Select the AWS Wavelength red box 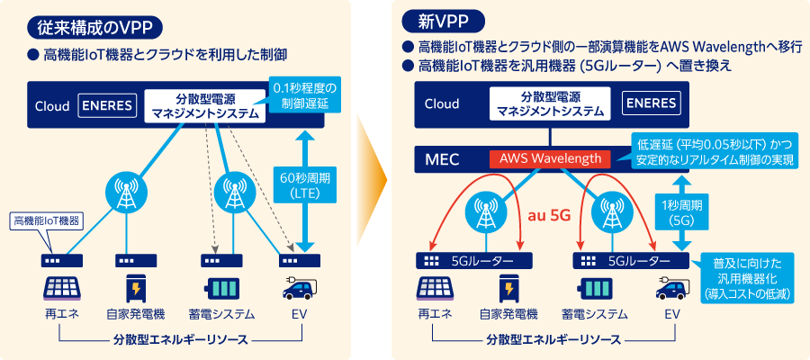pyautogui.click(x=550, y=159)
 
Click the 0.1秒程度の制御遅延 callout pyautogui.click(x=305, y=96)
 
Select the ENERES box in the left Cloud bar pyautogui.click(x=107, y=105)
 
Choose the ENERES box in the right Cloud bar pyautogui.click(x=653, y=104)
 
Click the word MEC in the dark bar pyautogui.click(x=442, y=160)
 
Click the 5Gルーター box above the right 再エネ pyautogui.click(x=469, y=261)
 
